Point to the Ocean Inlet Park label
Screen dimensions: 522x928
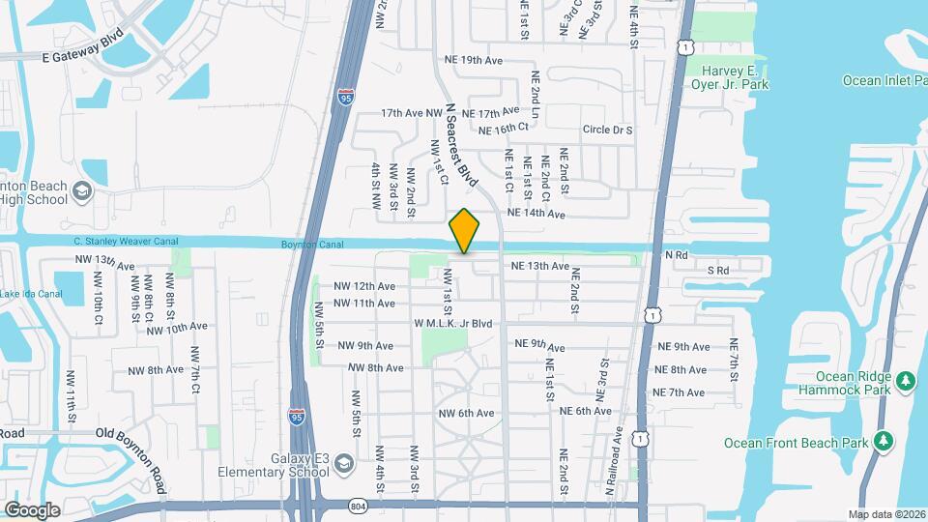pyautogui.click(x=884, y=80)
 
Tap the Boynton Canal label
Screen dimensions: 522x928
pyautogui.click(x=313, y=245)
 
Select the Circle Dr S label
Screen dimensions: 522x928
pyautogui.click(x=607, y=130)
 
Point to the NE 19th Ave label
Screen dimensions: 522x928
pyautogui.click(x=474, y=60)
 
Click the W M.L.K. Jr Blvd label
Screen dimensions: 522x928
pyautogui.click(x=453, y=324)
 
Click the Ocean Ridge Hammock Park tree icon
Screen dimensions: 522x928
pyautogui.click(x=906, y=380)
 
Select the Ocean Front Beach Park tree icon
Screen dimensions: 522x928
pyautogui.click(x=884, y=442)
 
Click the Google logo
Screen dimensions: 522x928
pyautogui.click(x=32, y=510)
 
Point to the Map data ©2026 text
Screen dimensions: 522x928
pyautogui.click(x=887, y=514)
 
